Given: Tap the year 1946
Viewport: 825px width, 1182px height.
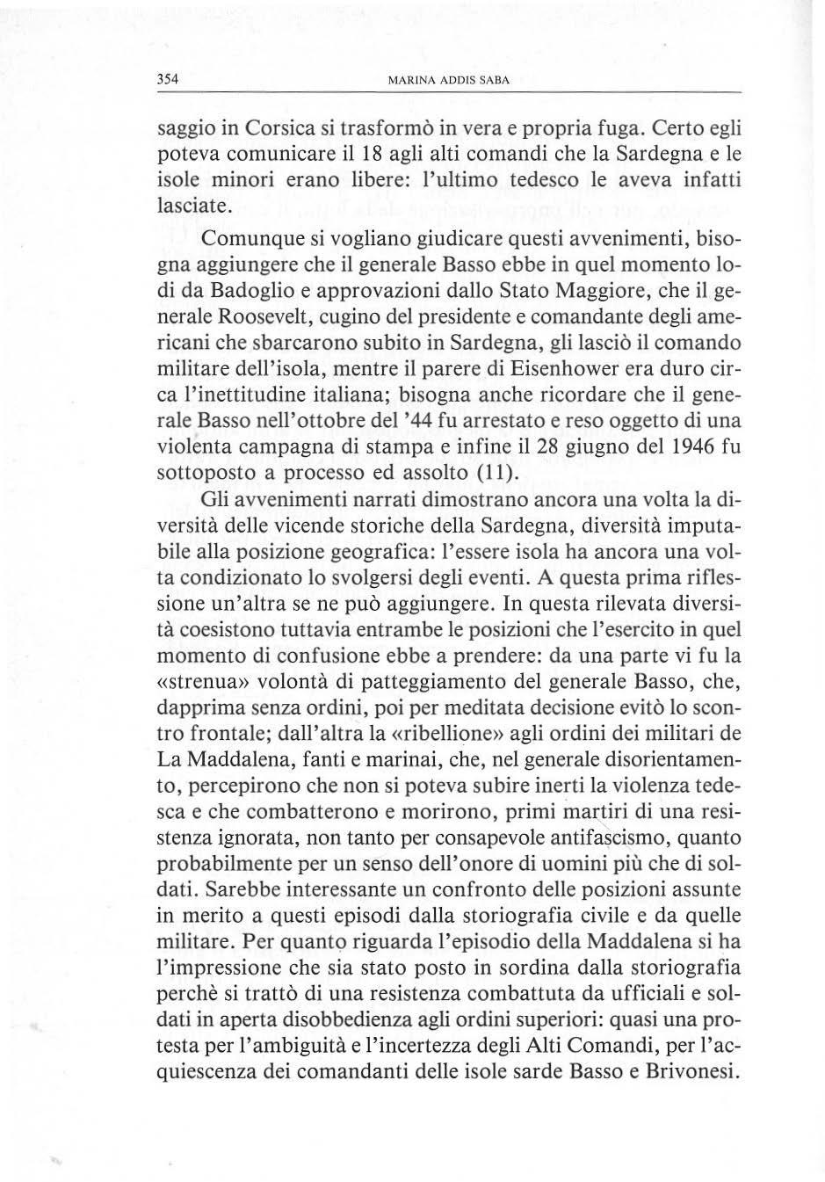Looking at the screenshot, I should [687, 449].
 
